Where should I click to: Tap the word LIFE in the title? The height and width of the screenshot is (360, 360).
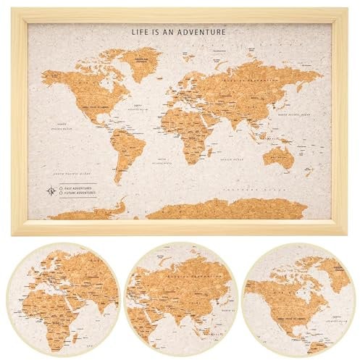(140, 32)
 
